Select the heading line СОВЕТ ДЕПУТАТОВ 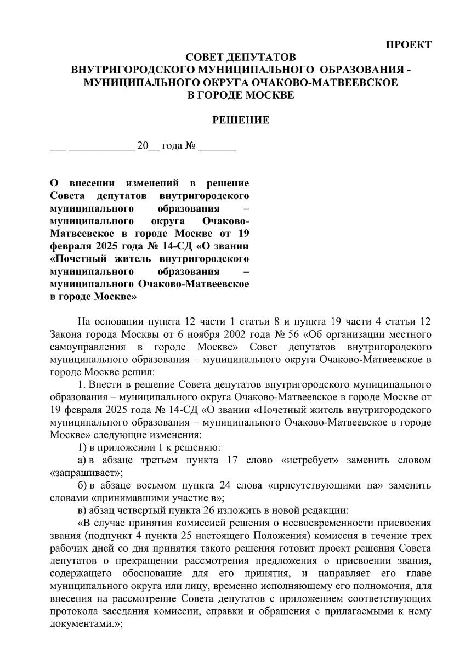pyautogui.click(x=241, y=58)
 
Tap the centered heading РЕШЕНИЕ pyautogui.click(x=241, y=120)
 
